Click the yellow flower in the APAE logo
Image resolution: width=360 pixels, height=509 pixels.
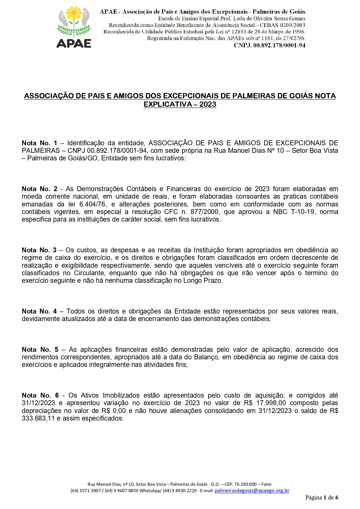click(x=74, y=13)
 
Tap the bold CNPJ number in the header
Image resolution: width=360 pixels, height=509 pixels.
click(x=269, y=45)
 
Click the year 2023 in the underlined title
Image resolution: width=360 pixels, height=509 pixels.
click(x=208, y=104)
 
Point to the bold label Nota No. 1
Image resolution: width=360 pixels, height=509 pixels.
click(x=39, y=143)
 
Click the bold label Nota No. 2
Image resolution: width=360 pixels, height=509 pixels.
click(x=39, y=189)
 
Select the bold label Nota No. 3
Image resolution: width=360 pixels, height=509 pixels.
click(x=39, y=250)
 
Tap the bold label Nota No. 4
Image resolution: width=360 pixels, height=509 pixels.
click(x=39, y=311)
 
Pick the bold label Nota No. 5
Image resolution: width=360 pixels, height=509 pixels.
click(x=40, y=349)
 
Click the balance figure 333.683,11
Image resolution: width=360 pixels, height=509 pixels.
click(x=38, y=418)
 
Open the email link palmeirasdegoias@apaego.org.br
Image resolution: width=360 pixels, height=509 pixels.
click(x=252, y=490)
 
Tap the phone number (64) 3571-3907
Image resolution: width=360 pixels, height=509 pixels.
click(x=86, y=490)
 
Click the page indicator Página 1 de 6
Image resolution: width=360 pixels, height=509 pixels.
click(x=321, y=497)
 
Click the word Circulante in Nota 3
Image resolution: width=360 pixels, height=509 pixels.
click(x=90, y=273)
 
